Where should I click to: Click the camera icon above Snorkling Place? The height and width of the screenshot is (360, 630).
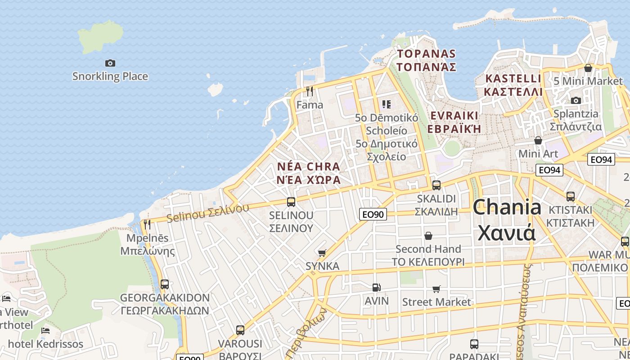pos(110,63)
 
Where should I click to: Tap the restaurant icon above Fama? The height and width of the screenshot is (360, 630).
pos(309,91)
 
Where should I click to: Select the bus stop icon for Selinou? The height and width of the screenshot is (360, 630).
pos(291,202)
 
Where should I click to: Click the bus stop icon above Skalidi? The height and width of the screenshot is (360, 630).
pos(436,185)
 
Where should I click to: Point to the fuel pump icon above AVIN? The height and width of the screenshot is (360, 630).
pos(376,287)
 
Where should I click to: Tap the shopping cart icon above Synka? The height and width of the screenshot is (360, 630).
pos(322,253)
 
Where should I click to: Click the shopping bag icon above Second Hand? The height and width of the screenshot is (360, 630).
pos(428,235)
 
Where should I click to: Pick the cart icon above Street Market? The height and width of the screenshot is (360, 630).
pos(436,289)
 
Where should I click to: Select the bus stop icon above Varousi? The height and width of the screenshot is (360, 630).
pos(240,330)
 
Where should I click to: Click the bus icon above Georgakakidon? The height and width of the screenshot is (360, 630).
pos(165,284)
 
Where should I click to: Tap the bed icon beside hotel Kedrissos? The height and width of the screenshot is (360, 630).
pos(45,331)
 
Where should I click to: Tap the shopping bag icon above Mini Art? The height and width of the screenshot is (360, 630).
pos(538,140)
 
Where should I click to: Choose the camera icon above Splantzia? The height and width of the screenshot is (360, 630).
pos(576,100)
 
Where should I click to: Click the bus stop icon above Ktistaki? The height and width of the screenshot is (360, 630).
pos(571,196)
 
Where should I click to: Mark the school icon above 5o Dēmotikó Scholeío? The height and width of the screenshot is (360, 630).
pos(386,104)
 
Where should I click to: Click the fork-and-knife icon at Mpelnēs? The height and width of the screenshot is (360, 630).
pos(147,224)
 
